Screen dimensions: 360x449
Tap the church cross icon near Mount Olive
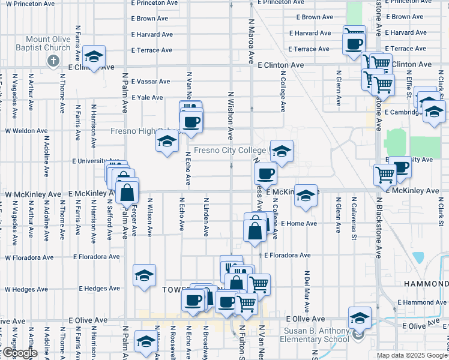click(x=53, y=61)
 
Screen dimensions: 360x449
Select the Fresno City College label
click(x=230, y=150)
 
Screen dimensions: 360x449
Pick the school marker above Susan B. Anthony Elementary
click(x=359, y=317)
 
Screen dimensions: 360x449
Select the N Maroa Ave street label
click(x=250, y=41)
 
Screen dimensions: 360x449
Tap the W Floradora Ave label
click(x=29, y=257)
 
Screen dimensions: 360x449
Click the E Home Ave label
click(x=298, y=224)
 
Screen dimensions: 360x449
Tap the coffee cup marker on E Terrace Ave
click(x=354, y=43)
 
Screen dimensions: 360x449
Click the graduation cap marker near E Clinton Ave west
click(x=94, y=56)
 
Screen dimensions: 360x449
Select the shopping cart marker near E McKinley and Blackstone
click(x=384, y=175)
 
